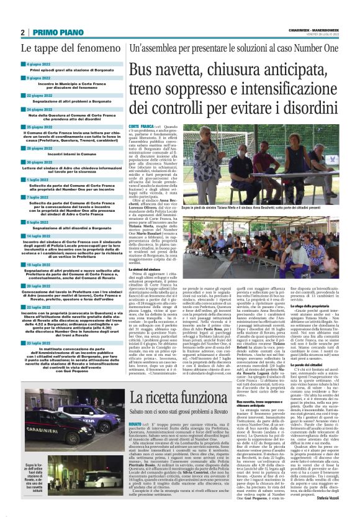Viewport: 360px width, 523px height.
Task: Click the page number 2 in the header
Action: point(22,32)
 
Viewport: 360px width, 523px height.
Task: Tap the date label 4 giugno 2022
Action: point(38,64)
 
